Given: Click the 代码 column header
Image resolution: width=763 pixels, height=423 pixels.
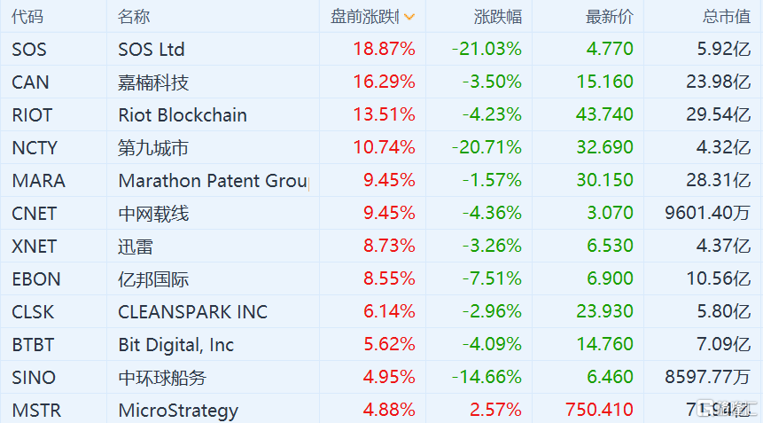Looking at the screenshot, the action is pos(27,17).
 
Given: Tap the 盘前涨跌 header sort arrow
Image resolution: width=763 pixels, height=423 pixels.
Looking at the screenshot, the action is pos(409,17).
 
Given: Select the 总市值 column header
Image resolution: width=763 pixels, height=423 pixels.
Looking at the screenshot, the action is pos(726,17).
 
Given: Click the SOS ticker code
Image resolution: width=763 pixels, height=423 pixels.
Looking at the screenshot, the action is pos(29,49).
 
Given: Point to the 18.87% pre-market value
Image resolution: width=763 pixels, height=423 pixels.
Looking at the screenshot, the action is pos(384,49).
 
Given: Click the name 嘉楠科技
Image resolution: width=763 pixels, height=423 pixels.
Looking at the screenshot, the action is pos(153,82).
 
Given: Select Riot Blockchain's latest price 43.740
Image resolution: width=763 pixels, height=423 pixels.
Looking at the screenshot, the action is pos(604,114).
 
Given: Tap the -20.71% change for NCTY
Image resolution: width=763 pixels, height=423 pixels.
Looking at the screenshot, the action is pos(487,147).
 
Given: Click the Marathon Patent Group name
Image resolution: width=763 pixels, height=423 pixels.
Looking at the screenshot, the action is pos(214,181).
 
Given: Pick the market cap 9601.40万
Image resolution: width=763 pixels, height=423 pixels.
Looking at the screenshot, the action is pos(707,213).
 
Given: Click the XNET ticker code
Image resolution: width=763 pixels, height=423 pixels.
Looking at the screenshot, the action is pos(34,247).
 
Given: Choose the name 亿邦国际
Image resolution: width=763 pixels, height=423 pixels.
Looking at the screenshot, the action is pos(153,279).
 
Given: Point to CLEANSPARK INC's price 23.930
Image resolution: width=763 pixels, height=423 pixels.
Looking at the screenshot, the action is pos(604,311).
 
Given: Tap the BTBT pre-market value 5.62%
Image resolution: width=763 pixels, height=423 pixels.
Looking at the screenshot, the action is pos(389,344).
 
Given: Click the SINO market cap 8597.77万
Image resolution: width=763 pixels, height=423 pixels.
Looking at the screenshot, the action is pos(707,377).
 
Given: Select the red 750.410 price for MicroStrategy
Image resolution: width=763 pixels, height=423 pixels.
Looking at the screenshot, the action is pos(599,410).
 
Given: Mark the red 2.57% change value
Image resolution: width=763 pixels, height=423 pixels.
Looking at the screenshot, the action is pos(495,410).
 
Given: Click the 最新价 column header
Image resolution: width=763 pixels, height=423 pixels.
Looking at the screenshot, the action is pos(609,17).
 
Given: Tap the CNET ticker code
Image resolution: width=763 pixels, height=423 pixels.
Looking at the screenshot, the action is pos(34,214).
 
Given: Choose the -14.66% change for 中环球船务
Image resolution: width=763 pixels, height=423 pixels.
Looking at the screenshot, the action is pos(487,377).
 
